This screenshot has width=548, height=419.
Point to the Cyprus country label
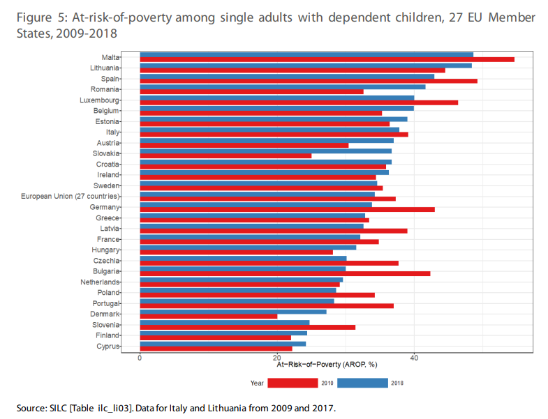click(x=108, y=346)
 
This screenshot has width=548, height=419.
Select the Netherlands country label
click(x=101, y=282)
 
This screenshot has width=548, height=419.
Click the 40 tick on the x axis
click(x=414, y=358)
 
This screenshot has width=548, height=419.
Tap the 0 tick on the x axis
click(x=140, y=358)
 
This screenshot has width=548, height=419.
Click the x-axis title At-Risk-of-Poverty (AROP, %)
click(x=327, y=365)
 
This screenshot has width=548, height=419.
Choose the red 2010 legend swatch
click(x=292, y=383)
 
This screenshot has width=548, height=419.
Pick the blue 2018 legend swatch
click(x=362, y=383)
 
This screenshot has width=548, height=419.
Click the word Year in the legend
click(x=257, y=383)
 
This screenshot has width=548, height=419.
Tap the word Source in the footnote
click(x=30, y=408)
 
